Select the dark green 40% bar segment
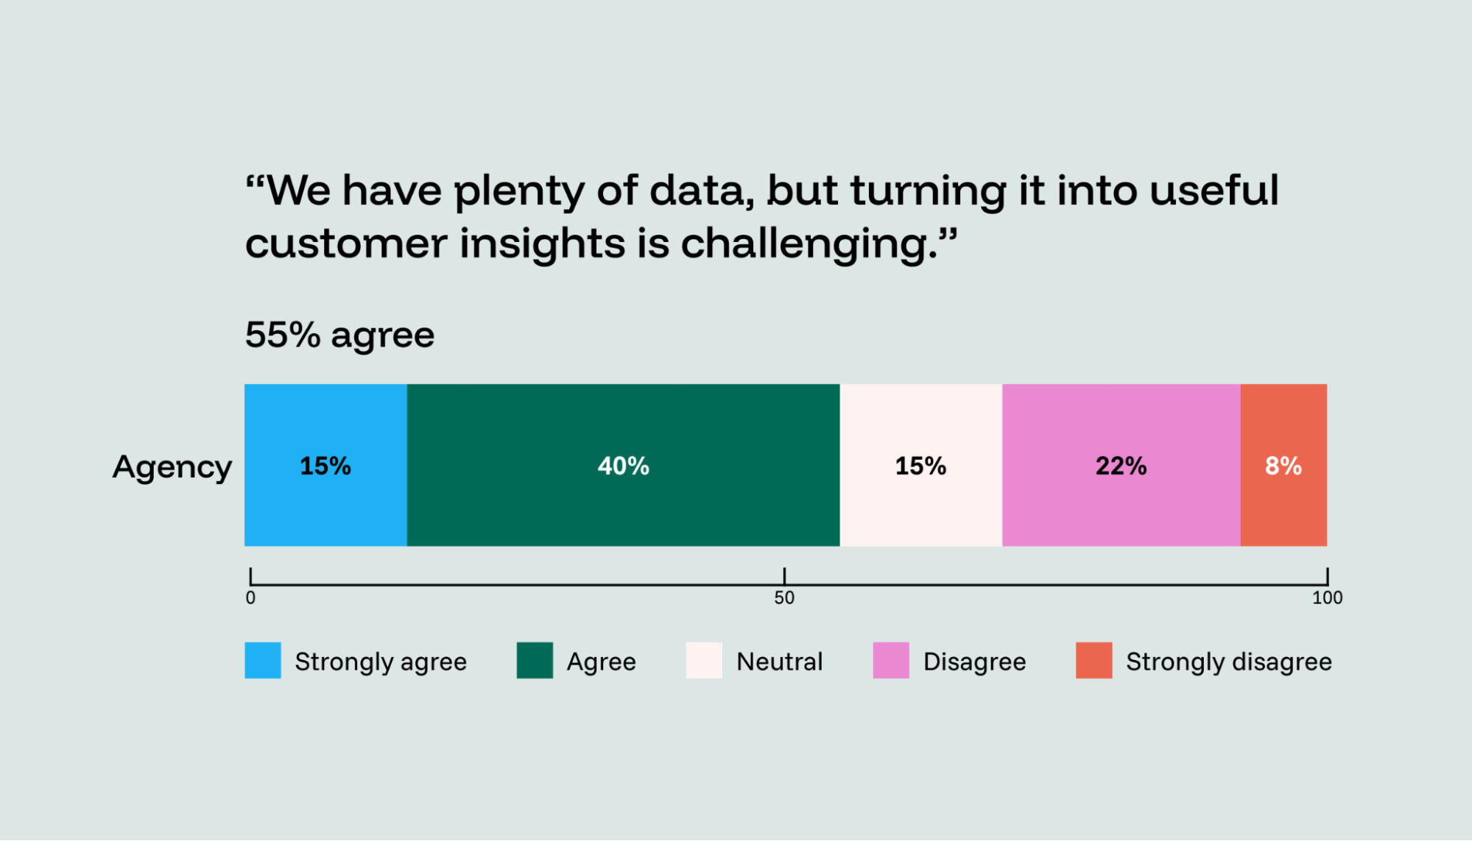click(x=623, y=508)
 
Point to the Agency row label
click(x=172, y=467)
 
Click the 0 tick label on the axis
click(x=250, y=598)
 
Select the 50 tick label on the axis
click(x=784, y=598)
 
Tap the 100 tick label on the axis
click(x=1327, y=598)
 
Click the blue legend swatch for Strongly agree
click(x=263, y=660)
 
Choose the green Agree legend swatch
click(x=535, y=660)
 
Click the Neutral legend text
click(x=779, y=661)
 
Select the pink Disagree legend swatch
click(x=891, y=660)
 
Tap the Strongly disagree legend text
click(x=1228, y=661)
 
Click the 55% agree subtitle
click(x=339, y=336)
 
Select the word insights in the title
click(x=543, y=244)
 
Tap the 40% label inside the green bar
click(x=623, y=466)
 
